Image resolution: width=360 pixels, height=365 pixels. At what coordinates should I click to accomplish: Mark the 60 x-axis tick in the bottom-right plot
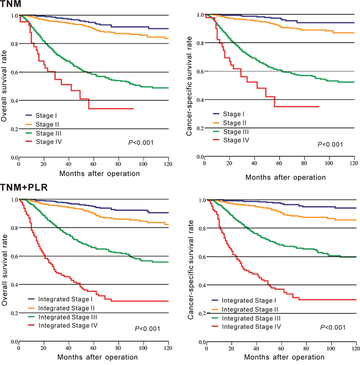coord(281,350)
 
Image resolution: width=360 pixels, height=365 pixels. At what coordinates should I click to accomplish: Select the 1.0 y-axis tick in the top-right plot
coord(199,14)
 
